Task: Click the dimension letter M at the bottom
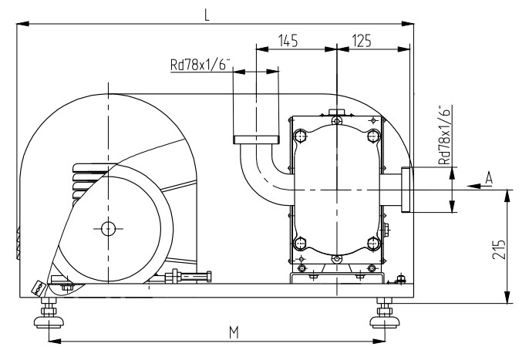click(233, 331)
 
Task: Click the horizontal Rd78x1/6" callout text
click(201, 66)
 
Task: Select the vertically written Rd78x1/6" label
click(443, 136)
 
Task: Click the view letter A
click(487, 179)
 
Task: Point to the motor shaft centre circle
click(106, 227)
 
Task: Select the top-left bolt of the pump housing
click(299, 136)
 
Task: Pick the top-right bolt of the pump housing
click(373, 136)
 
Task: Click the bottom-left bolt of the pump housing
click(299, 244)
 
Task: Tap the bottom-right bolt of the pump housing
click(373, 244)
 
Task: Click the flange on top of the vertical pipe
click(255, 138)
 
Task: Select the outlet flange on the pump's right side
click(406, 189)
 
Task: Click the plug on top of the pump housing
click(336, 114)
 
